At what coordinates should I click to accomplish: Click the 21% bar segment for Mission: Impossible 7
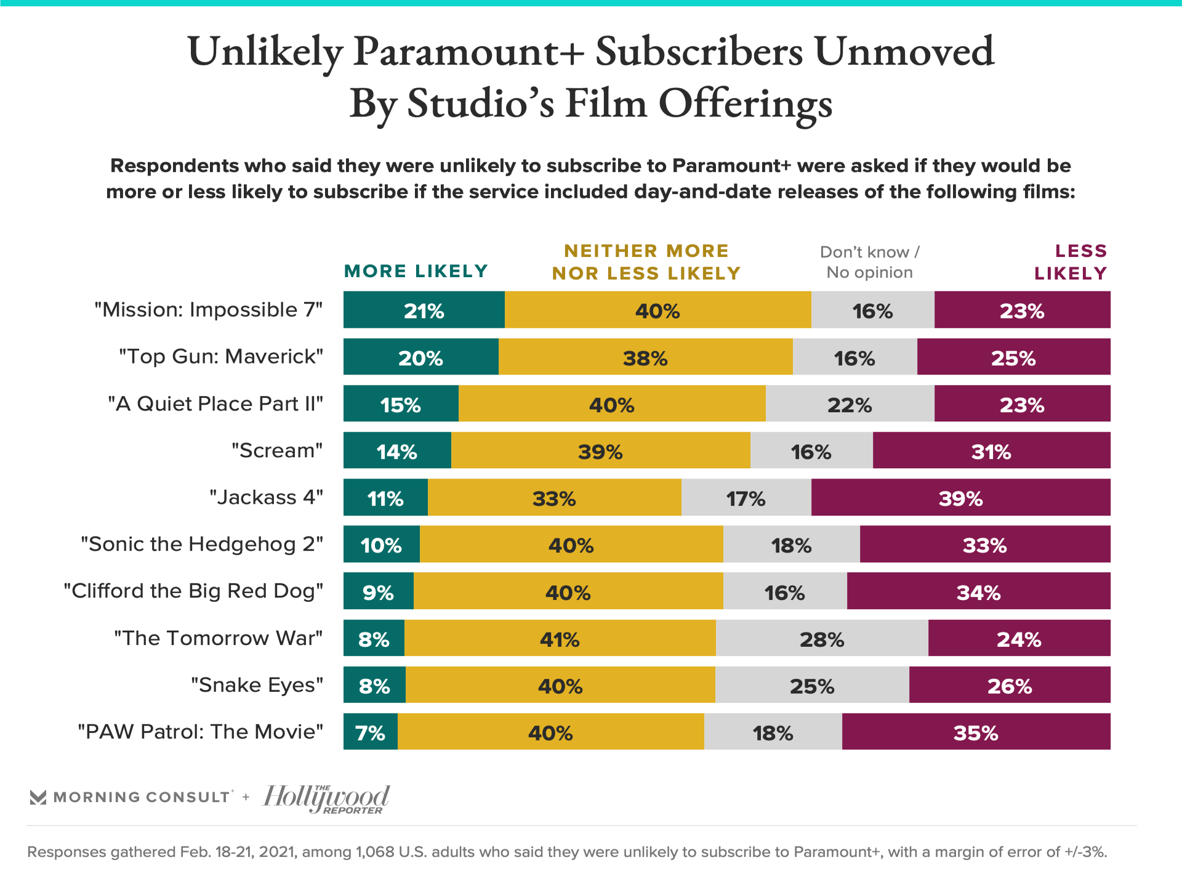click(x=424, y=310)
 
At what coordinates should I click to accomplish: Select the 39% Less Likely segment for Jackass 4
click(x=960, y=497)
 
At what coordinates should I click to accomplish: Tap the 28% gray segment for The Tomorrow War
click(x=822, y=638)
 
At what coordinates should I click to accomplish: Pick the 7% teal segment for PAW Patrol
click(x=370, y=732)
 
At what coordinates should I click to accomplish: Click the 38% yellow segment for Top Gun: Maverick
click(x=645, y=357)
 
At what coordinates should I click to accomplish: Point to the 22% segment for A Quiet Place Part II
click(x=850, y=403)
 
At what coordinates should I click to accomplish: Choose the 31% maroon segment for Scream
click(x=991, y=450)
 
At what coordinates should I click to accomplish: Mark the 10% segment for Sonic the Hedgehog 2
click(x=381, y=544)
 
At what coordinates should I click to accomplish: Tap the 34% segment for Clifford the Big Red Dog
click(x=978, y=591)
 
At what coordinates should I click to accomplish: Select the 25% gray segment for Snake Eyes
click(x=812, y=685)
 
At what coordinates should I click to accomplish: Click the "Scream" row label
click(x=277, y=450)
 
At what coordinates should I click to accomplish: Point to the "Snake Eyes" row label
click(x=257, y=685)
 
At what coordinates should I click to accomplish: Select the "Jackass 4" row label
click(x=266, y=497)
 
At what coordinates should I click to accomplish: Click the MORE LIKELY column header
click(x=416, y=271)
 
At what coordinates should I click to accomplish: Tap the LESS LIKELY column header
click(x=1071, y=262)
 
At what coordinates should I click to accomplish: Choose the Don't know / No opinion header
click(x=869, y=262)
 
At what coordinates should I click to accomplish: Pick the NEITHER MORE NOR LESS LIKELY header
click(x=646, y=262)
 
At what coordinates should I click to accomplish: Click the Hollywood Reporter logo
click(x=326, y=798)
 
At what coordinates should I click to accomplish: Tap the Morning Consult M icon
click(x=38, y=797)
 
